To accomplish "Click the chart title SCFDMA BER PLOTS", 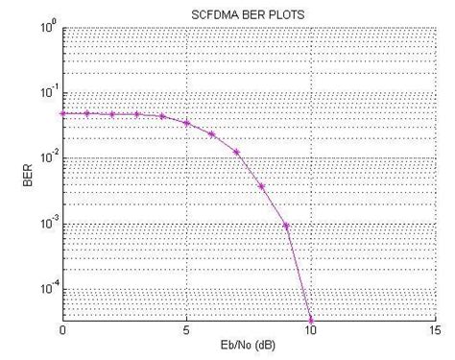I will point(249,12).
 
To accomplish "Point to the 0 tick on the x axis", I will point(62,330).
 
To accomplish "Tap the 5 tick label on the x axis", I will point(186,330).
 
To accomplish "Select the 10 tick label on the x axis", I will point(311,330).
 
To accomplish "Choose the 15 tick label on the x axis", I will point(434,330).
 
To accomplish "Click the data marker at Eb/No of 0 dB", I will point(62,113).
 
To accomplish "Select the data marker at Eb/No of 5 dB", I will point(186,123).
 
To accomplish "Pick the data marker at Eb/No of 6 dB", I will point(211,133).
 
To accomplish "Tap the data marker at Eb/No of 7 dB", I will point(236,152).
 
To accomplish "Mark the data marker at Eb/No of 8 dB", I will point(261,185).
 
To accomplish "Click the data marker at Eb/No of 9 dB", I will point(286,227).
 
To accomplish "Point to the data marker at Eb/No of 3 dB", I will point(137,114).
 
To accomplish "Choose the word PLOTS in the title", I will point(286,12).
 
